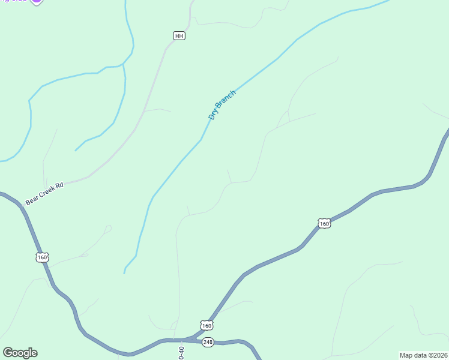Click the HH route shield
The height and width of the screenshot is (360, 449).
(x=179, y=36)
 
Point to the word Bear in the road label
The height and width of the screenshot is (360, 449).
(x=32, y=200)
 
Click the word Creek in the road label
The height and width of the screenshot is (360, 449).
(x=47, y=193)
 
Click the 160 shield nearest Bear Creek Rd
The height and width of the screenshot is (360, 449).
(x=41, y=257)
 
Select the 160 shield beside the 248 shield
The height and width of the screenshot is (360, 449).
(x=206, y=325)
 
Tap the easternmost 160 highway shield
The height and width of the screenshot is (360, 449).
(x=324, y=224)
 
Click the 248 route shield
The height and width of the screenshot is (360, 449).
(x=208, y=342)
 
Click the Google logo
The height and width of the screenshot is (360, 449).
(x=20, y=353)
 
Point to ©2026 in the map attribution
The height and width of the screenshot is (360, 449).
(x=437, y=355)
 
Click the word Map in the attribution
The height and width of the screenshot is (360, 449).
(x=407, y=355)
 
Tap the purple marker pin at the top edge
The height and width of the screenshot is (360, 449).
(x=37, y=2)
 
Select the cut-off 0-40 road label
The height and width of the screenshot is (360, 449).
(x=181, y=352)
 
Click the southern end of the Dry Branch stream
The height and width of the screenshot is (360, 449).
(x=124, y=273)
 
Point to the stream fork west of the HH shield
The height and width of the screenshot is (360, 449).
(x=123, y=63)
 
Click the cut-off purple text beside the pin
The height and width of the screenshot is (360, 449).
(x=15, y=2)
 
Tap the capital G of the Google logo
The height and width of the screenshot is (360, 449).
(x=8, y=353)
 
